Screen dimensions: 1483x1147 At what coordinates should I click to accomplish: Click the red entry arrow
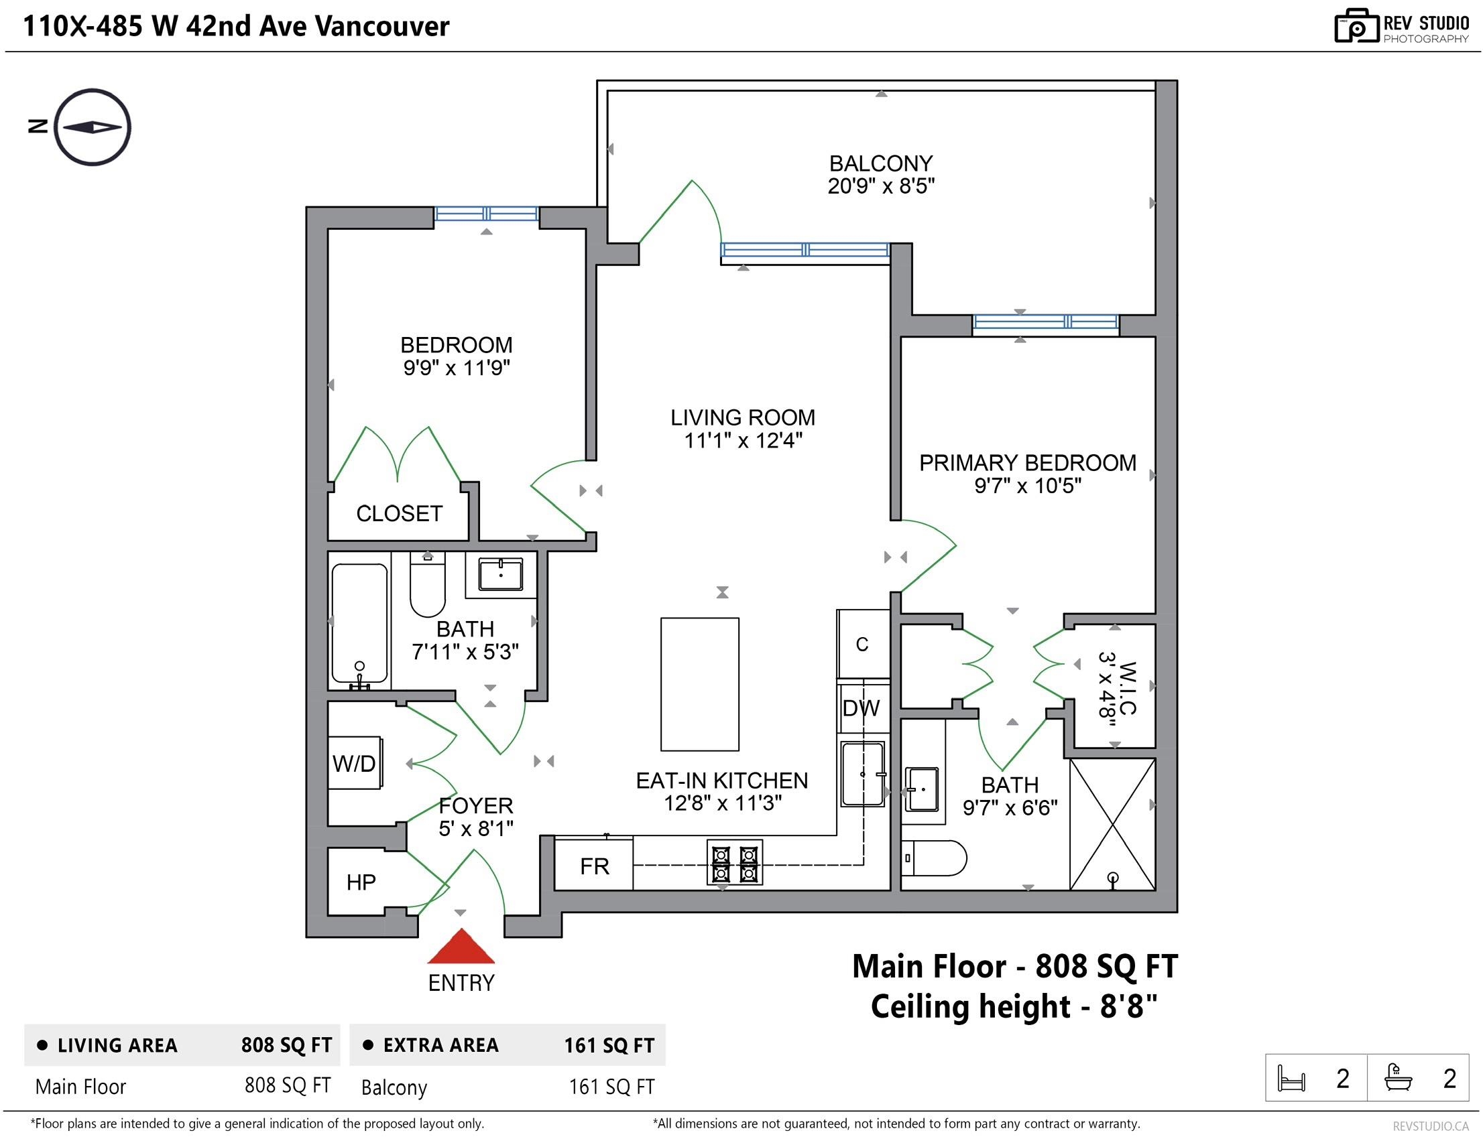click(461, 946)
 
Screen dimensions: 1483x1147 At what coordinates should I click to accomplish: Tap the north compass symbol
click(93, 127)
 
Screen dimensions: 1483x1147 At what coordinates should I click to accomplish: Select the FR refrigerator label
click(595, 866)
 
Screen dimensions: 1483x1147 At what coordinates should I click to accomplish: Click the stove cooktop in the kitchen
click(735, 862)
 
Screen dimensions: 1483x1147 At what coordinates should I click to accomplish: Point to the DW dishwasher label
click(861, 709)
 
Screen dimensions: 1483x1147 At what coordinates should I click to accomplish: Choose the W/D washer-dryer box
click(355, 763)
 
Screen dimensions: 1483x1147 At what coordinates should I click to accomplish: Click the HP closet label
click(361, 882)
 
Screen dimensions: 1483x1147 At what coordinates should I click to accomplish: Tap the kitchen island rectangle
click(700, 684)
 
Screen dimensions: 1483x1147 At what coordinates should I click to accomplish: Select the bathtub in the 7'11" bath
click(360, 623)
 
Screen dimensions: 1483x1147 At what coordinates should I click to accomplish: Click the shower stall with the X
click(1112, 824)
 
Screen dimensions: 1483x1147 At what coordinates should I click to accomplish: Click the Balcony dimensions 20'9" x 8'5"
click(881, 186)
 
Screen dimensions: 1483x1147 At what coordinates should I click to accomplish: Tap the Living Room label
click(743, 417)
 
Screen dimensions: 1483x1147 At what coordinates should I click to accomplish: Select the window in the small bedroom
click(486, 214)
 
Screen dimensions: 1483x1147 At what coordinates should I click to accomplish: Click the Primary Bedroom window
click(1046, 322)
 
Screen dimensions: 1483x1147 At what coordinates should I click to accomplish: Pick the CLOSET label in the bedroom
click(400, 514)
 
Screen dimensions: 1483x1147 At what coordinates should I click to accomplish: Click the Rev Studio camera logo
click(1356, 25)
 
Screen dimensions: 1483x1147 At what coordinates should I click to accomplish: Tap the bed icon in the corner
click(1291, 1078)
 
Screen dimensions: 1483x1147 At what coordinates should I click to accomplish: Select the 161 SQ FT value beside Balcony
click(612, 1087)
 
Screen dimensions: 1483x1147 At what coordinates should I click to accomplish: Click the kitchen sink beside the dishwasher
click(863, 774)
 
